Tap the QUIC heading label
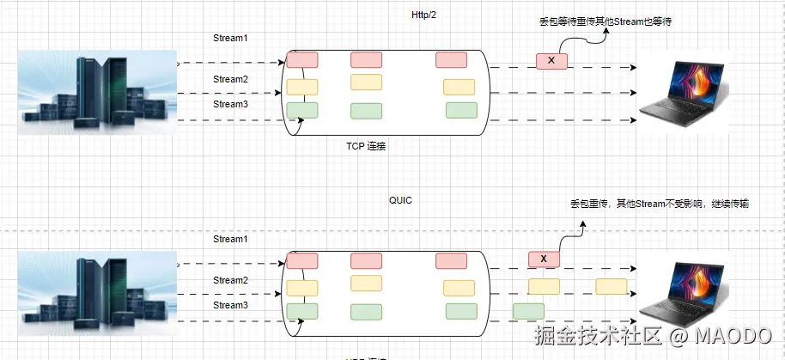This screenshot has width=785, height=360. (x=401, y=199)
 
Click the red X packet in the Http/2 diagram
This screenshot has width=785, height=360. (x=551, y=61)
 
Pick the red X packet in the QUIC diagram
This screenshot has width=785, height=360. (x=544, y=259)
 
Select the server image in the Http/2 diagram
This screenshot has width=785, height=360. (x=97, y=89)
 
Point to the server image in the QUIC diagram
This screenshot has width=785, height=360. (x=97, y=289)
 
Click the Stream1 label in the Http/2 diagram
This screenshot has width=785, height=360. (x=230, y=39)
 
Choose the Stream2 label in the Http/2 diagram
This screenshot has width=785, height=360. (x=230, y=80)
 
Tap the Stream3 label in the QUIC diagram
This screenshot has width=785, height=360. (x=230, y=305)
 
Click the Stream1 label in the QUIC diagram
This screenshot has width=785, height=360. (x=230, y=239)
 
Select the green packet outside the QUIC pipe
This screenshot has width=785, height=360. (x=528, y=311)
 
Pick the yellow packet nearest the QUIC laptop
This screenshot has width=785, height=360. (x=612, y=287)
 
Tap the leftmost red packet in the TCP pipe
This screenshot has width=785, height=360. (x=302, y=60)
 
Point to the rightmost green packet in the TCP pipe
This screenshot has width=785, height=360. (x=461, y=110)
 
